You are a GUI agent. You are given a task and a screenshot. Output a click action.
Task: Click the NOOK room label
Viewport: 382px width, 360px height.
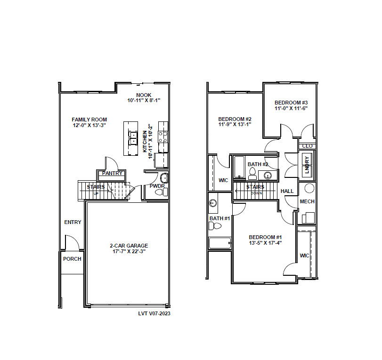(x=144, y=95)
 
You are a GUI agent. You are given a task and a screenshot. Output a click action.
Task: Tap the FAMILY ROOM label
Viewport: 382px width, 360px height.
(x=89, y=120)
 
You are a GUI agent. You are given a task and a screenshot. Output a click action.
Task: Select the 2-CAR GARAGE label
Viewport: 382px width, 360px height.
(x=129, y=246)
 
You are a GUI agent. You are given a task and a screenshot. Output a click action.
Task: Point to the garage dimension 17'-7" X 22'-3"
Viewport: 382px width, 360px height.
(x=129, y=251)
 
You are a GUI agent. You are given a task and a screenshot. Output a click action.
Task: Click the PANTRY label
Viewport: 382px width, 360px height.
(x=112, y=173)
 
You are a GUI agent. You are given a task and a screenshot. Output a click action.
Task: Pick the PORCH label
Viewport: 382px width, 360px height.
(x=72, y=259)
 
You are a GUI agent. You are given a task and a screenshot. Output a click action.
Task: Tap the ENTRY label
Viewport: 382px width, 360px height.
(x=73, y=222)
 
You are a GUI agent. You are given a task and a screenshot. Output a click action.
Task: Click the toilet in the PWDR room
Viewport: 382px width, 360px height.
(x=161, y=192)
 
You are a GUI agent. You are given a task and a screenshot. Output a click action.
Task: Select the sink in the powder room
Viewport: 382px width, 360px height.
(x=164, y=178)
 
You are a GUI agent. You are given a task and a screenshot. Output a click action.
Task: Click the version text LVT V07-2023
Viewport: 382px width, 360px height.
(x=154, y=313)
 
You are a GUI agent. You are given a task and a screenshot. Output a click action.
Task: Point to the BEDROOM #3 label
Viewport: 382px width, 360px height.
(x=291, y=103)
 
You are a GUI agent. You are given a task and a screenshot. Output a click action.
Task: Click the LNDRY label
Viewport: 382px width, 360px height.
(x=307, y=165)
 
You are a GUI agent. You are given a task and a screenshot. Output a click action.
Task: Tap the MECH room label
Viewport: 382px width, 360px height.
(x=307, y=201)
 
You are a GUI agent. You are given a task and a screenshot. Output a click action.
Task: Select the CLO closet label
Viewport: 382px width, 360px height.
(x=307, y=146)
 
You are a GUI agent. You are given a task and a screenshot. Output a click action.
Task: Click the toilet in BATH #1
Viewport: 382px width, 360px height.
(x=215, y=226)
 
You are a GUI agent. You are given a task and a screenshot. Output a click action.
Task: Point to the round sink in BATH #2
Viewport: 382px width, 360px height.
(x=268, y=175)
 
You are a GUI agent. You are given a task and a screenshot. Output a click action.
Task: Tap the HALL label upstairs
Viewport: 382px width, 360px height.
(x=287, y=191)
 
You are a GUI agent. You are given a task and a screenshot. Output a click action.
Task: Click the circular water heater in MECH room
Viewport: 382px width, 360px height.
(x=309, y=188)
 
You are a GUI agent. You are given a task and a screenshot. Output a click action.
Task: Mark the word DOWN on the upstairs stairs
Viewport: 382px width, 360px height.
(x=256, y=193)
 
